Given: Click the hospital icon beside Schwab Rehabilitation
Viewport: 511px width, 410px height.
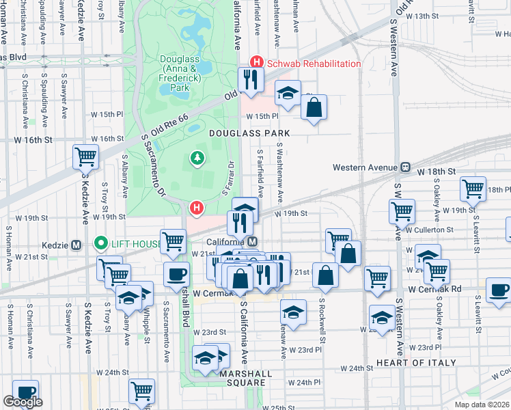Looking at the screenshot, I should point(256,63).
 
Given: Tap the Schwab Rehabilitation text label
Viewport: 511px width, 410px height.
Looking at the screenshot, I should point(314,64).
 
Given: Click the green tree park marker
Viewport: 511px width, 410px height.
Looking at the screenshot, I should point(197,159).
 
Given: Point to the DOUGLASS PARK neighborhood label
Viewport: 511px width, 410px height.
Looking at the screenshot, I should point(249,133).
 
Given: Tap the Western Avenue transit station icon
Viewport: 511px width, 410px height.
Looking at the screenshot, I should point(405,167).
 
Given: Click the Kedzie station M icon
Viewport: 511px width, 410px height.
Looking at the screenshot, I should point(76,245).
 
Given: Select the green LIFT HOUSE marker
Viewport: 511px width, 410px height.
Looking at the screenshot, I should point(101,243).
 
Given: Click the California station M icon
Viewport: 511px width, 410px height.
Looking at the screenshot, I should point(253,242).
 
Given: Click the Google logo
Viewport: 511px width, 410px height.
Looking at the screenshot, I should point(23,402).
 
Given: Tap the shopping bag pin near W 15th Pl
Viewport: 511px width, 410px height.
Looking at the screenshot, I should point(314,107).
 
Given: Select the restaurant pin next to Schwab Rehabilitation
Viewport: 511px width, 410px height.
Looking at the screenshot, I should point(251,80).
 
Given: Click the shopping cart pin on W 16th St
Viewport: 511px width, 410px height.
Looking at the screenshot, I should point(86,156).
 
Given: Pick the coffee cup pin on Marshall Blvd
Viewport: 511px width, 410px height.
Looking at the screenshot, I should point(177,274).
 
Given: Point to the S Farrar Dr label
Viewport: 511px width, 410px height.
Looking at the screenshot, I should point(228,179).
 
